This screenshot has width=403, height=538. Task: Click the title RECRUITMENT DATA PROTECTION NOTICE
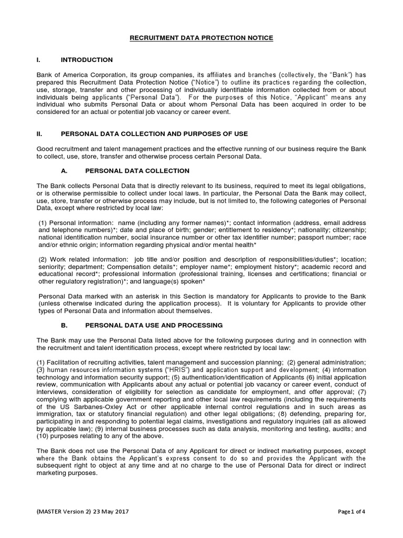tap(201, 38)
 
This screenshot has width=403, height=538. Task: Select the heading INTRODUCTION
tap(87, 60)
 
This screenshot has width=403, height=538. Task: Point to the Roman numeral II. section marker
tap(39, 134)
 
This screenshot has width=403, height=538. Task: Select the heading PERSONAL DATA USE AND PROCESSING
tap(146, 325)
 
